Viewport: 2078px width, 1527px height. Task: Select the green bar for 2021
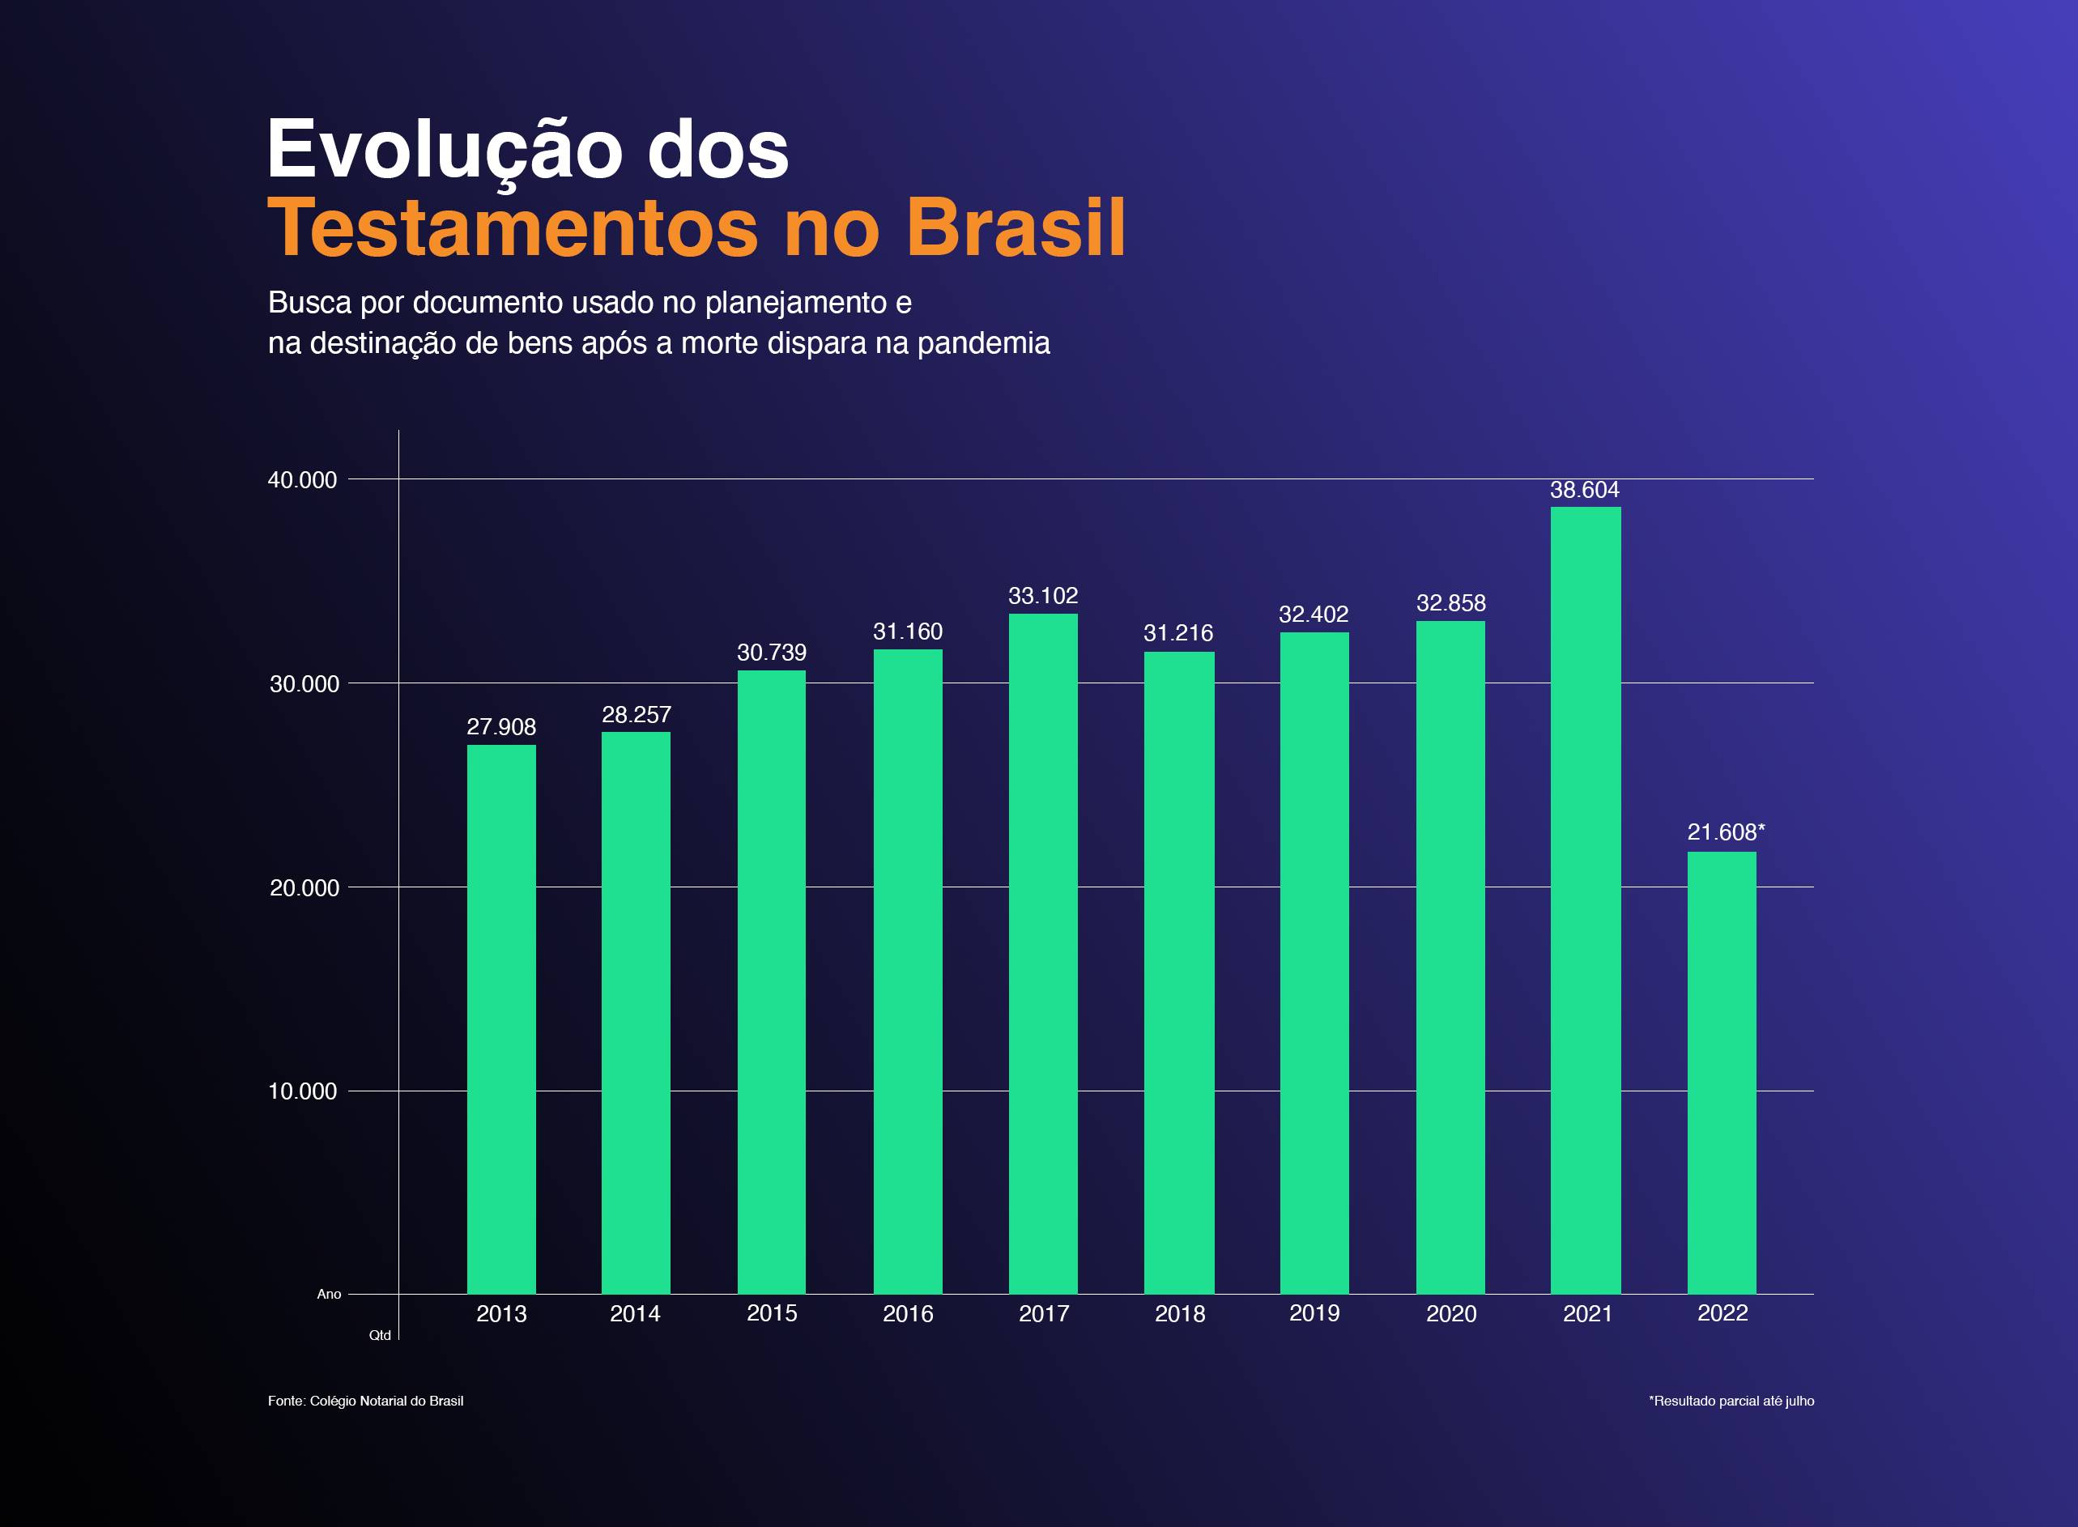1586,901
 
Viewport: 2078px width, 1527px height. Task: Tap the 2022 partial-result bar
1721,1072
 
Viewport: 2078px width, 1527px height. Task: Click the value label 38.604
1584,490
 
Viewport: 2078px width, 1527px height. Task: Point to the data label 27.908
501,726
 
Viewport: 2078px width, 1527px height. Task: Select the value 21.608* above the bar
1725,832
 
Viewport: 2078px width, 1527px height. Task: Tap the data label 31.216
1177,633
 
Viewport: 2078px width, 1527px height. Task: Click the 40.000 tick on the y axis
302,480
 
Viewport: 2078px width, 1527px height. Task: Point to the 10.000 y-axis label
302,1091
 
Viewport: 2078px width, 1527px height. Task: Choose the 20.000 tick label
302,888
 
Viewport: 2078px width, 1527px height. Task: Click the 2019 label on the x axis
1314,1313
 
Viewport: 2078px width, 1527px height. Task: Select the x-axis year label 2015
771,1313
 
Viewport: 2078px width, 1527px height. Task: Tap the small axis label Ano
329,1294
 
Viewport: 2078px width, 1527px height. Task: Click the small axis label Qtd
380,1336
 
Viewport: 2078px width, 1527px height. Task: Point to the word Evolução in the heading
444,150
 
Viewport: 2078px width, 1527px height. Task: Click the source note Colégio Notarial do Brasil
386,1401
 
